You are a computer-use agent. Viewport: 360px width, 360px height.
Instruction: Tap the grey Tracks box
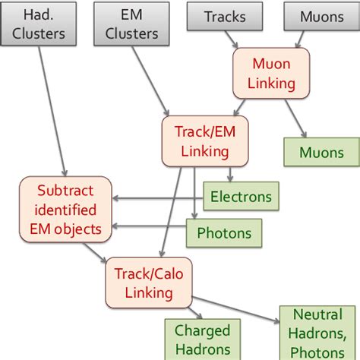coord(226,16)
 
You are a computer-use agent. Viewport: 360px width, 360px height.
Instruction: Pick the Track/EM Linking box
coord(194,141)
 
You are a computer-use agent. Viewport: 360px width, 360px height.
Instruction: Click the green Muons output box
coord(321,152)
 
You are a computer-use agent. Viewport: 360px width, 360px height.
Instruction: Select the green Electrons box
coord(240,196)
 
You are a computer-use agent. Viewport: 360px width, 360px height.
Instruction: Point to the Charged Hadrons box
coord(203,339)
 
